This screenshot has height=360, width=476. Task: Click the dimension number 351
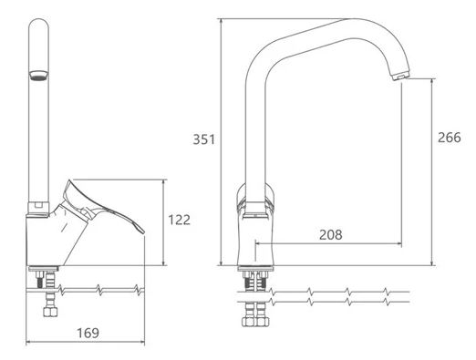tap(204, 139)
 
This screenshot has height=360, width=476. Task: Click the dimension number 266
tap(450, 138)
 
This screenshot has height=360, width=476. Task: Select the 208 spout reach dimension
tap(331, 234)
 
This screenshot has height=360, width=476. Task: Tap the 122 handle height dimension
tap(180, 220)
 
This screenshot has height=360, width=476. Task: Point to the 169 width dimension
tap(88, 333)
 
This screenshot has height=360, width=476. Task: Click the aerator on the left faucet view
tap(38, 76)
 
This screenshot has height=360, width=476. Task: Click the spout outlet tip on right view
tap(401, 76)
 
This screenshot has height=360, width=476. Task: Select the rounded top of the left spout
tap(38, 25)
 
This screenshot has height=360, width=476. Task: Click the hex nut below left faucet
tap(49, 312)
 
